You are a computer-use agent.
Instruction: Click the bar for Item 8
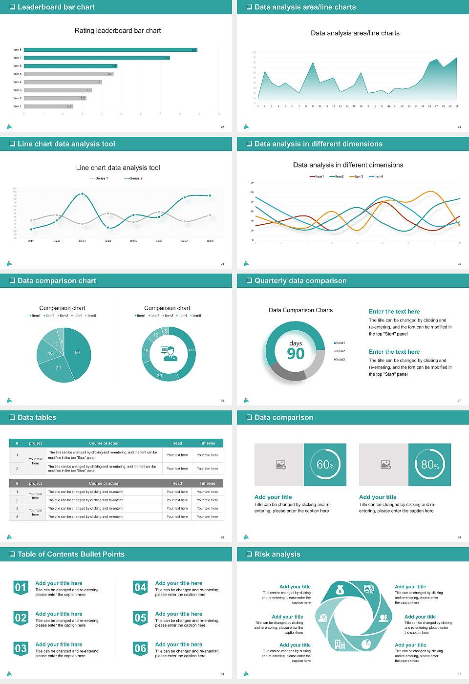(110, 50)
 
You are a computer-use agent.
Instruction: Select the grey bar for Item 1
(48, 106)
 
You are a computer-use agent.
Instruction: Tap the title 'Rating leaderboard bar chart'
(118, 31)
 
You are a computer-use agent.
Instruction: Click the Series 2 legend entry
(134, 178)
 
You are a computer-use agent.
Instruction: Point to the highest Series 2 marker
(82, 194)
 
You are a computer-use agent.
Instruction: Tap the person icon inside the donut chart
(169, 353)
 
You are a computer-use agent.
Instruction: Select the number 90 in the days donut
(296, 354)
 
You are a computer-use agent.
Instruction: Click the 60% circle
(325, 465)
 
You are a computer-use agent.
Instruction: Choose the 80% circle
(430, 465)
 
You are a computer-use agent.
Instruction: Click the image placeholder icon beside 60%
(281, 465)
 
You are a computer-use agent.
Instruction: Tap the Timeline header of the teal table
(207, 443)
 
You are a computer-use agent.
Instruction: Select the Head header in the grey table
(177, 483)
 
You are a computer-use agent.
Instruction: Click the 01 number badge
(21, 587)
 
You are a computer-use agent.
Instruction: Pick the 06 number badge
(140, 648)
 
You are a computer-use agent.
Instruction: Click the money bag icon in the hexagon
(341, 591)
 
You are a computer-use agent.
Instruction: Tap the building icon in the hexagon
(340, 644)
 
